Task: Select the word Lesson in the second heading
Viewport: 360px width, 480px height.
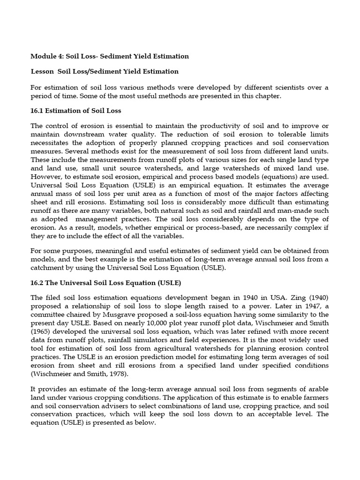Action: tap(42, 72)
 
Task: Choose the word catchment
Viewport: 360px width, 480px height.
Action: tap(47, 268)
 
